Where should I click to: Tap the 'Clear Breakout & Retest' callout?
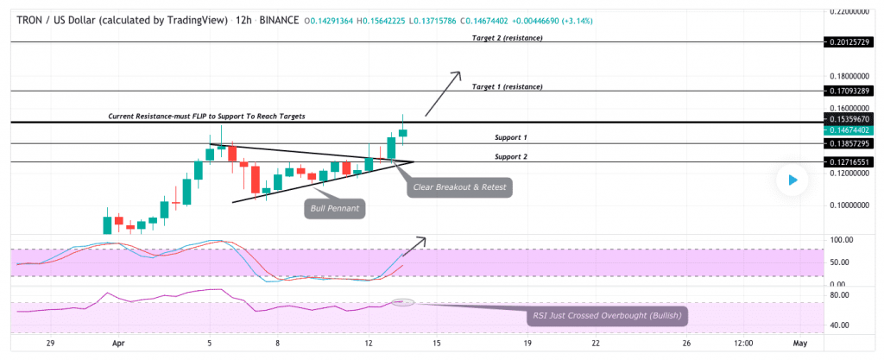tap(459, 186)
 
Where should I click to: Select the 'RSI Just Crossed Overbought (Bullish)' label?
tap(607, 316)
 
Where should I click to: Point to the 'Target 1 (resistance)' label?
tap(508, 87)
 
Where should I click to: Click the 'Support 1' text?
tap(511, 137)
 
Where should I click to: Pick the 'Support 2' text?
tap(511, 156)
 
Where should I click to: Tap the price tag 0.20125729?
tap(848, 41)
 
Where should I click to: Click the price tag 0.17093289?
tap(848, 90)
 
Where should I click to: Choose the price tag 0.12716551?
tap(848, 161)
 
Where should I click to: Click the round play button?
tap(791, 180)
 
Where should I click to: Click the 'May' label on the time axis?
tap(800, 343)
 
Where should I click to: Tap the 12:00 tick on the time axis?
tap(743, 343)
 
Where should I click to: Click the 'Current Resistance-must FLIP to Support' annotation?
tap(206, 116)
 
